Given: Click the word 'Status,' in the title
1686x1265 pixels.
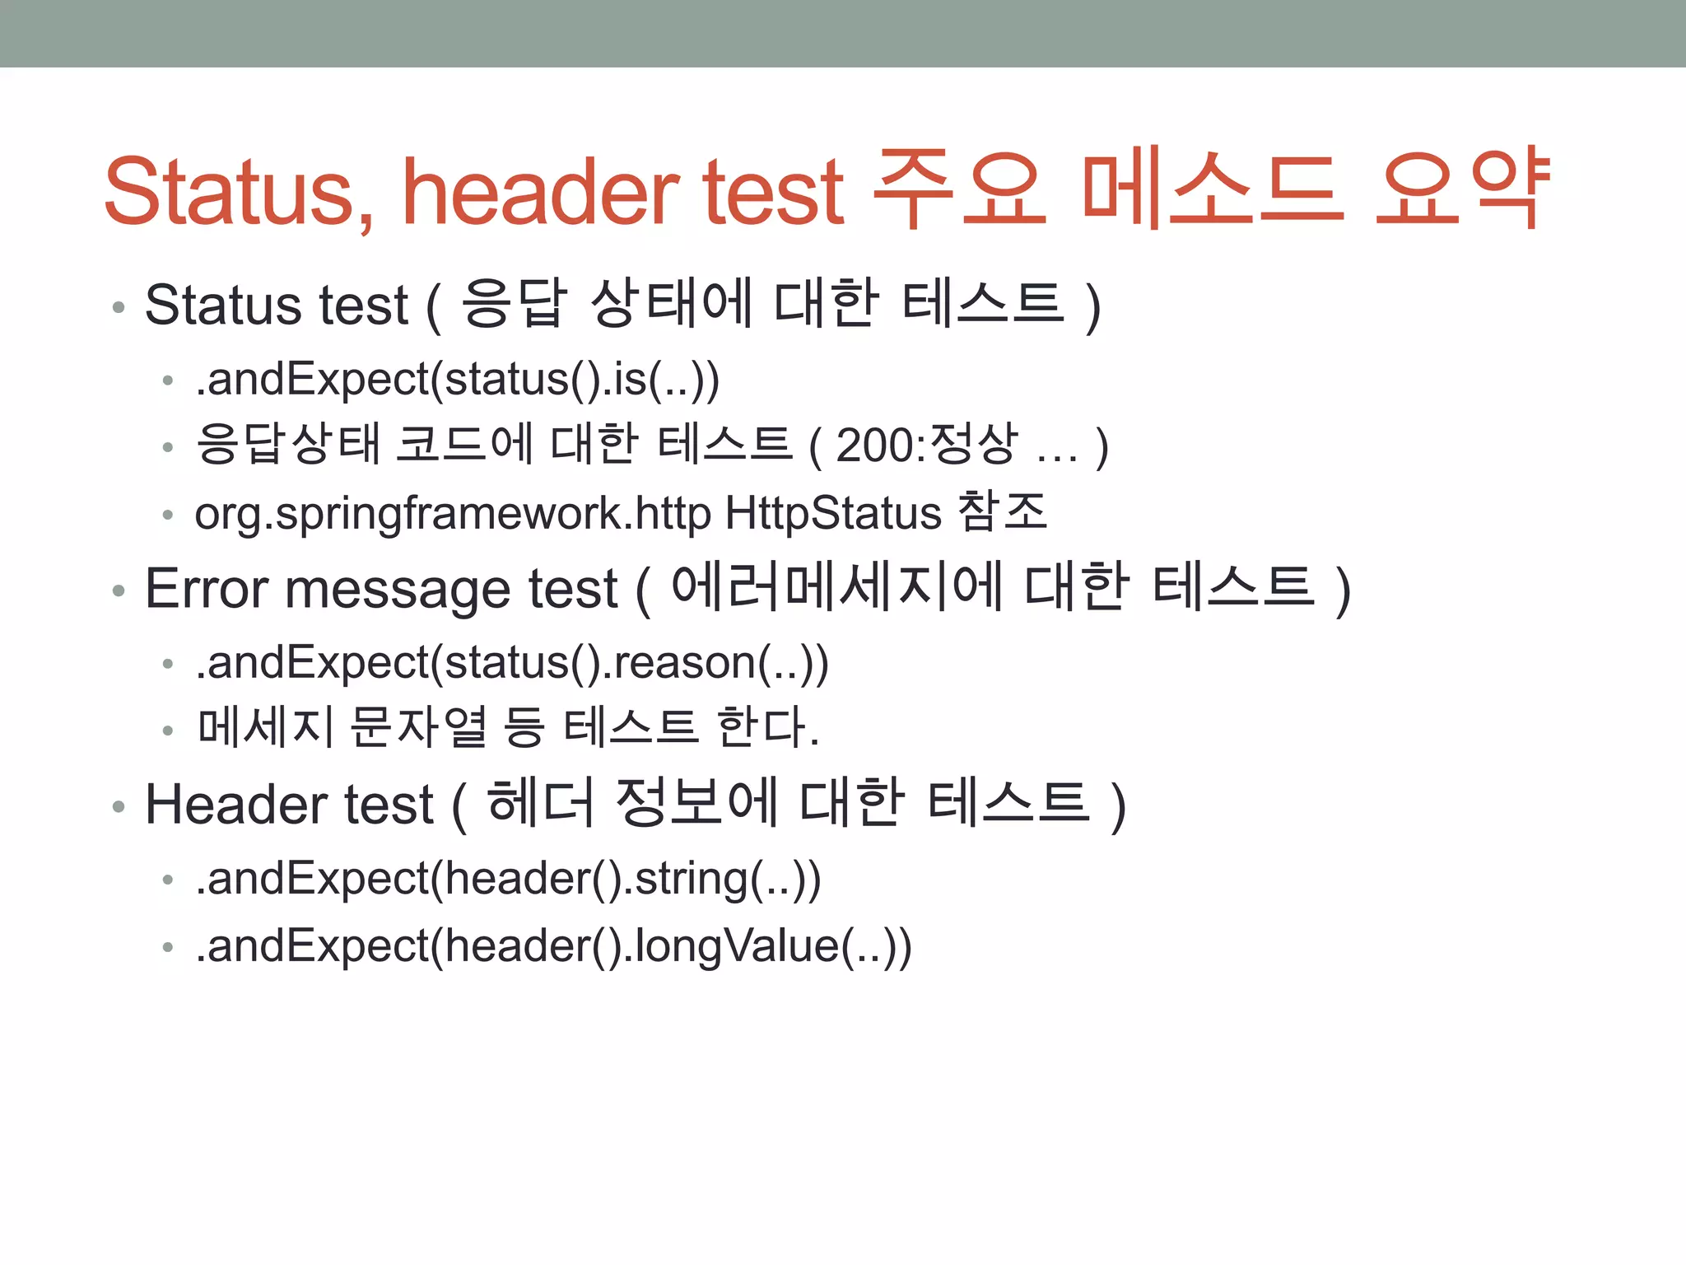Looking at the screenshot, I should pyautogui.click(x=239, y=191).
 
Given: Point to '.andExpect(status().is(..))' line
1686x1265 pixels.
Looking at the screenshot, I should pyautogui.click(x=458, y=380).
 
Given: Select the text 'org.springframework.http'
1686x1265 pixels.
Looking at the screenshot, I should pyautogui.click(x=453, y=514).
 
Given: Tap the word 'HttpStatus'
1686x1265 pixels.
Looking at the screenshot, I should pyautogui.click(x=833, y=514).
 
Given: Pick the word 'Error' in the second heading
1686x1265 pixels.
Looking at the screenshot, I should pyautogui.click(x=207, y=590).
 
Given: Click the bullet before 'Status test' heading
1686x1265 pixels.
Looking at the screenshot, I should pyautogui.click(x=119, y=307).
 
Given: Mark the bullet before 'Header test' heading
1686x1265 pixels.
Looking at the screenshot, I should pyautogui.click(x=119, y=806).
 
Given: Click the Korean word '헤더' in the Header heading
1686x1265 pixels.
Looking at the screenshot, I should pyautogui.click(x=540, y=803).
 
